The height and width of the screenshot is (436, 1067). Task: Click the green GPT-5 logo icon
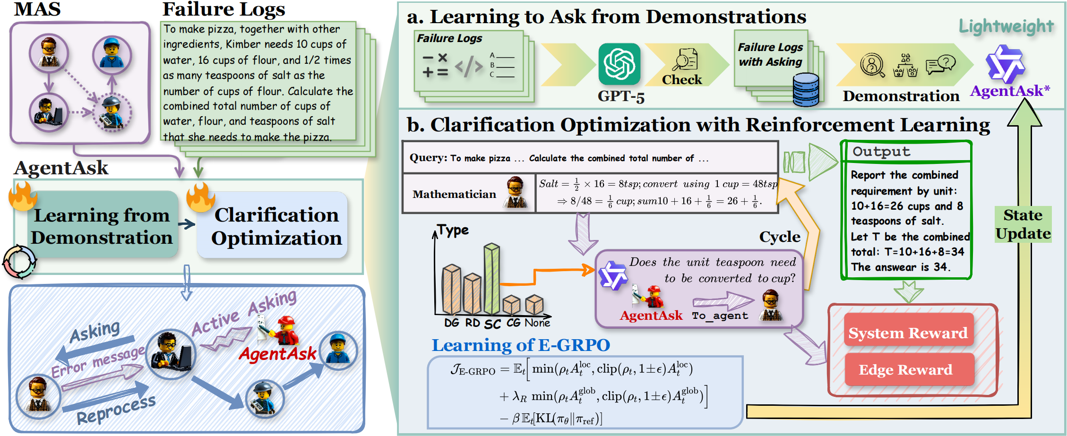click(x=619, y=64)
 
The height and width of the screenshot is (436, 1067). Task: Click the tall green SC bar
click(x=491, y=279)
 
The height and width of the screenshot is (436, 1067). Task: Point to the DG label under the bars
click(x=451, y=323)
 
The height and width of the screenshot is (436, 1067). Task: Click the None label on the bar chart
click(x=537, y=323)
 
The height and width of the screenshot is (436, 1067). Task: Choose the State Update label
click(x=1023, y=224)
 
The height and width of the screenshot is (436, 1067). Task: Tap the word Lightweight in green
click(x=1006, y=26)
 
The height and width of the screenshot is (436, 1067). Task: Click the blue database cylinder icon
click(x=806, y=89)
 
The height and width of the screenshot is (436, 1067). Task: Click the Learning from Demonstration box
click(x=102, y=225)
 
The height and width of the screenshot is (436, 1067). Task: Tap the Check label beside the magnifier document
click(x=682, y=79)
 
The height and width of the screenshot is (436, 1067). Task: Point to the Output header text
click(x=881, y=151)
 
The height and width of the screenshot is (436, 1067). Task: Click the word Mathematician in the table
click(x=454, y=194)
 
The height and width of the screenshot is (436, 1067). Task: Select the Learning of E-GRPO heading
click(x=521, y=345)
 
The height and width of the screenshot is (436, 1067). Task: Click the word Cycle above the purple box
click(x=780, y=236)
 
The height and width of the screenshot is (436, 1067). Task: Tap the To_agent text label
click(x=720, y=316)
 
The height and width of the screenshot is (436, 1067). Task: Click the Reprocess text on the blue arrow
click(x=116, y=409)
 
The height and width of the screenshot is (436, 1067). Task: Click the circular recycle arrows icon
click(x=19, y=261)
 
